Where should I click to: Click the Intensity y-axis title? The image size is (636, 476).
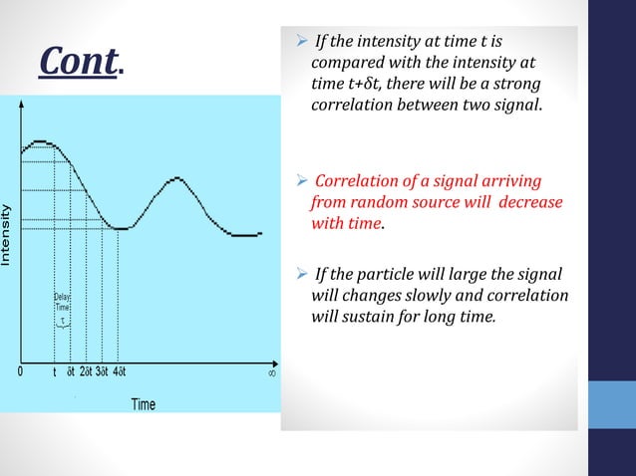(x=7, y=235)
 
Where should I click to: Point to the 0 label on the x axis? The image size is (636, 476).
(x=21, y=373)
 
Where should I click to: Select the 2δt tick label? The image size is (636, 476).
(x=86, y=373)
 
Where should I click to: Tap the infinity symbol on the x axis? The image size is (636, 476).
(x=271, y=373)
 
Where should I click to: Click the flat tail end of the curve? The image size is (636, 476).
(x=244, y=235)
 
